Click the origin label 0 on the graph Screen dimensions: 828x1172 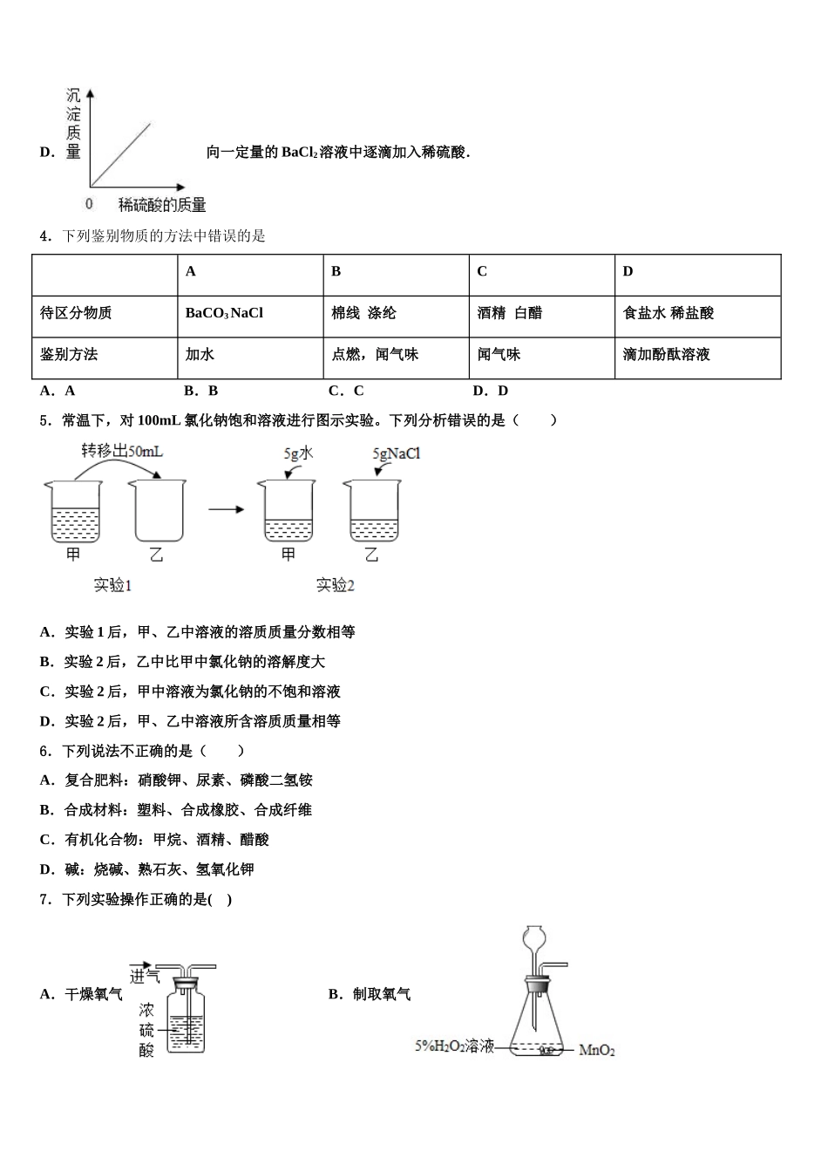coord(89,204)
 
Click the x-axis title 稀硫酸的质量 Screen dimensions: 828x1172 coord(162,205)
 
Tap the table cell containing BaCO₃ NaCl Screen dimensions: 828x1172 coord(224,313)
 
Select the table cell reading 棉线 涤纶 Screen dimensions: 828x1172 coord(363,313)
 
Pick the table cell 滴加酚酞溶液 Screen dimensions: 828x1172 coord(666,355)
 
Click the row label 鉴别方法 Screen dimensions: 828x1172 coord(69,355)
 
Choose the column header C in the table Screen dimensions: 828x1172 coord(482,272)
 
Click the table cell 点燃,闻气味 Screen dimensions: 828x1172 coord(375,355)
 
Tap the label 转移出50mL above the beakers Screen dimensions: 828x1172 coord(122,451)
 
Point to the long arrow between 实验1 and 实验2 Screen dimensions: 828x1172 coord(226,509)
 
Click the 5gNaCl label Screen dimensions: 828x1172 coord(397,453)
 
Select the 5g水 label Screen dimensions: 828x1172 coord(298,453)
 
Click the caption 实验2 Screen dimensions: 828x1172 coord(336,586)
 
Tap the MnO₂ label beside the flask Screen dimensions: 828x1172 coord(597,1051)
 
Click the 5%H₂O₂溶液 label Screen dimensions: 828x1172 coord(454,1046)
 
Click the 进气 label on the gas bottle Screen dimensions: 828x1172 coord(145,975)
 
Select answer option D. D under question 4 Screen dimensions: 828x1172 coord(490,391)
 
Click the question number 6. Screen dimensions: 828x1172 coord(44,751)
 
